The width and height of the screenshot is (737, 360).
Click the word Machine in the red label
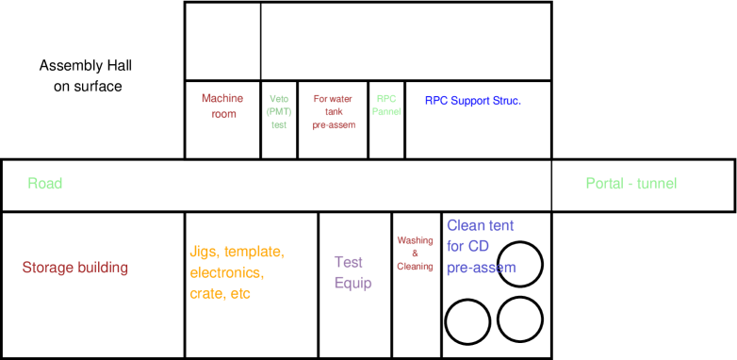[222, 98]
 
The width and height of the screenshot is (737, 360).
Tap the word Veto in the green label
[279, 99]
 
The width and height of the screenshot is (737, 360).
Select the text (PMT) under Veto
[279, 112]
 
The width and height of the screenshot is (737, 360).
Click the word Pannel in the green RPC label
[386, 111]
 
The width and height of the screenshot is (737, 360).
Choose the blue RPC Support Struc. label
[472, 101]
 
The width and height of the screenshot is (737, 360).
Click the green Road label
[45, 184]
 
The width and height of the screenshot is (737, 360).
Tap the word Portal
[605, 184]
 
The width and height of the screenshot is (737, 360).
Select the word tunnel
[657, 184]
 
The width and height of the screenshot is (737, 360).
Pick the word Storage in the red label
[48, 268]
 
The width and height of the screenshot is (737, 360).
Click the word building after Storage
[103, 268]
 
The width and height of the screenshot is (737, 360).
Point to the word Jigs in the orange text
[205, 253]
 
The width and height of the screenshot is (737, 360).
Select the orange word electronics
[227, 273]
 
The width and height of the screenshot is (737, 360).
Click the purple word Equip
[352, 283]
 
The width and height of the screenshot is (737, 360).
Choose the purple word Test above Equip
[349, 262]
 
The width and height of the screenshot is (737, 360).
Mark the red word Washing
[415, 240]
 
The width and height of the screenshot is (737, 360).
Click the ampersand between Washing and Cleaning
[415, 253]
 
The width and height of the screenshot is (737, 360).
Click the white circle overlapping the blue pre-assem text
[519, 265]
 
